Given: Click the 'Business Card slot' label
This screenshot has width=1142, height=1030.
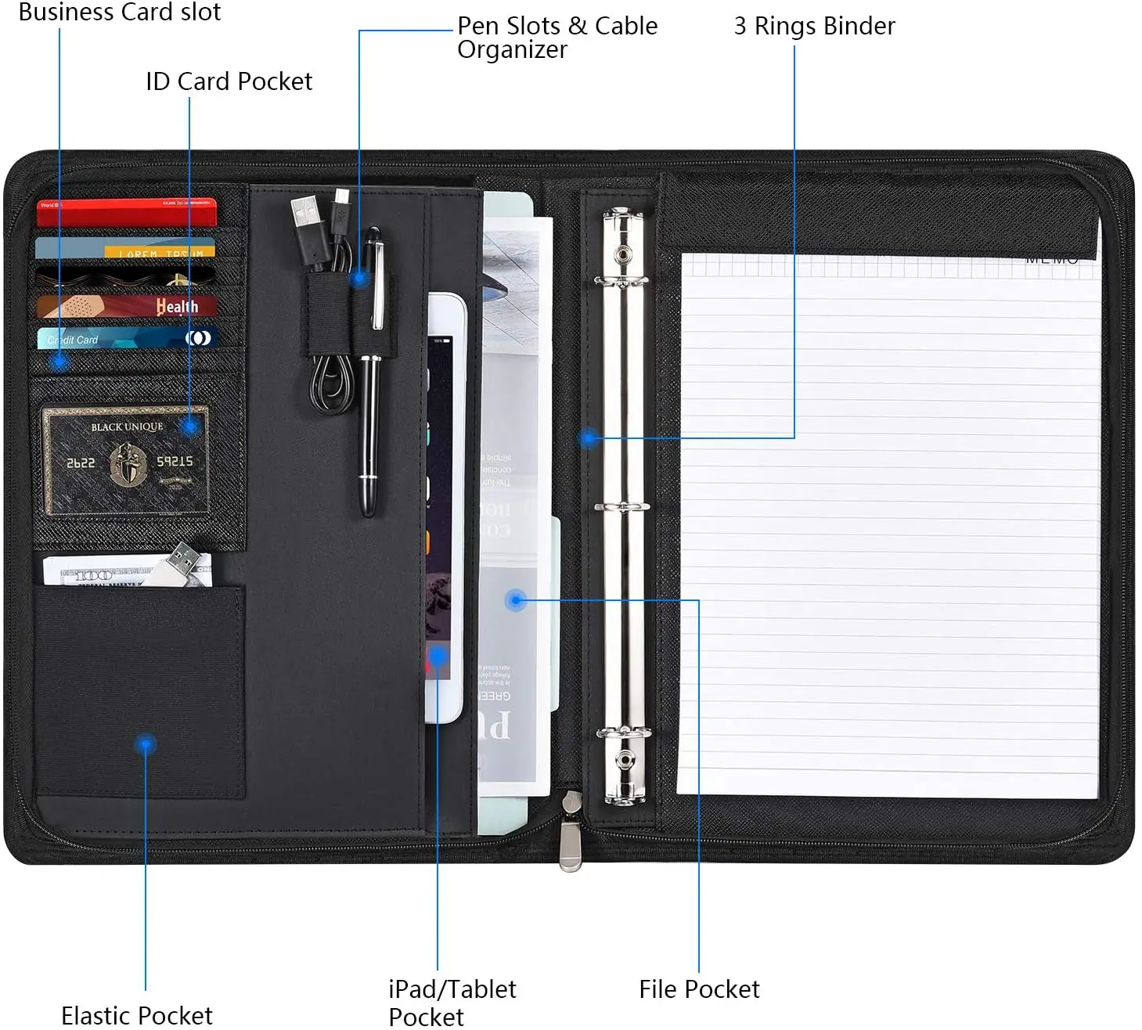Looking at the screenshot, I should (x=120, y=12).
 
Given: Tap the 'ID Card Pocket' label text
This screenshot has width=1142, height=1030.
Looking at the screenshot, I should (x=229, y=81).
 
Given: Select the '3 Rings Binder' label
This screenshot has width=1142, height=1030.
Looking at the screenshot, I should (x=814, y=27).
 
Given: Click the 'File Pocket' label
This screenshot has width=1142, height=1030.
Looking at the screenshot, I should (x=699, y=989).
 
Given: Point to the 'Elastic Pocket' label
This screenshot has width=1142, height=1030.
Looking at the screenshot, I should (x=137, y=1015).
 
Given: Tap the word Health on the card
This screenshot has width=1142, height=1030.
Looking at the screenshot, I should (x=177, y=306).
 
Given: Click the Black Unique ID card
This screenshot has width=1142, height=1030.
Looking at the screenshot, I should (x=125, y=460).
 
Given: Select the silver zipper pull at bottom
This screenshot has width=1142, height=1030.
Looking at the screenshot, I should (x=571, y=844).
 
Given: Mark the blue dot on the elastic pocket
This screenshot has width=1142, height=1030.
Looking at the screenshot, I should (x=146, y=744).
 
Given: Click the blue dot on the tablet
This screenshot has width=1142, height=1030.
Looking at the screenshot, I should (x=438, y=655).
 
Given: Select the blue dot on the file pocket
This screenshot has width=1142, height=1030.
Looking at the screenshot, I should (x=515, y=600).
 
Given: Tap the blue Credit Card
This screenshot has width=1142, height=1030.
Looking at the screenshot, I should (x=125, y=339).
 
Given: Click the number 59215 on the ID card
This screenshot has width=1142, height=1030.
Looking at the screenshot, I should (x=175, y=461).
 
